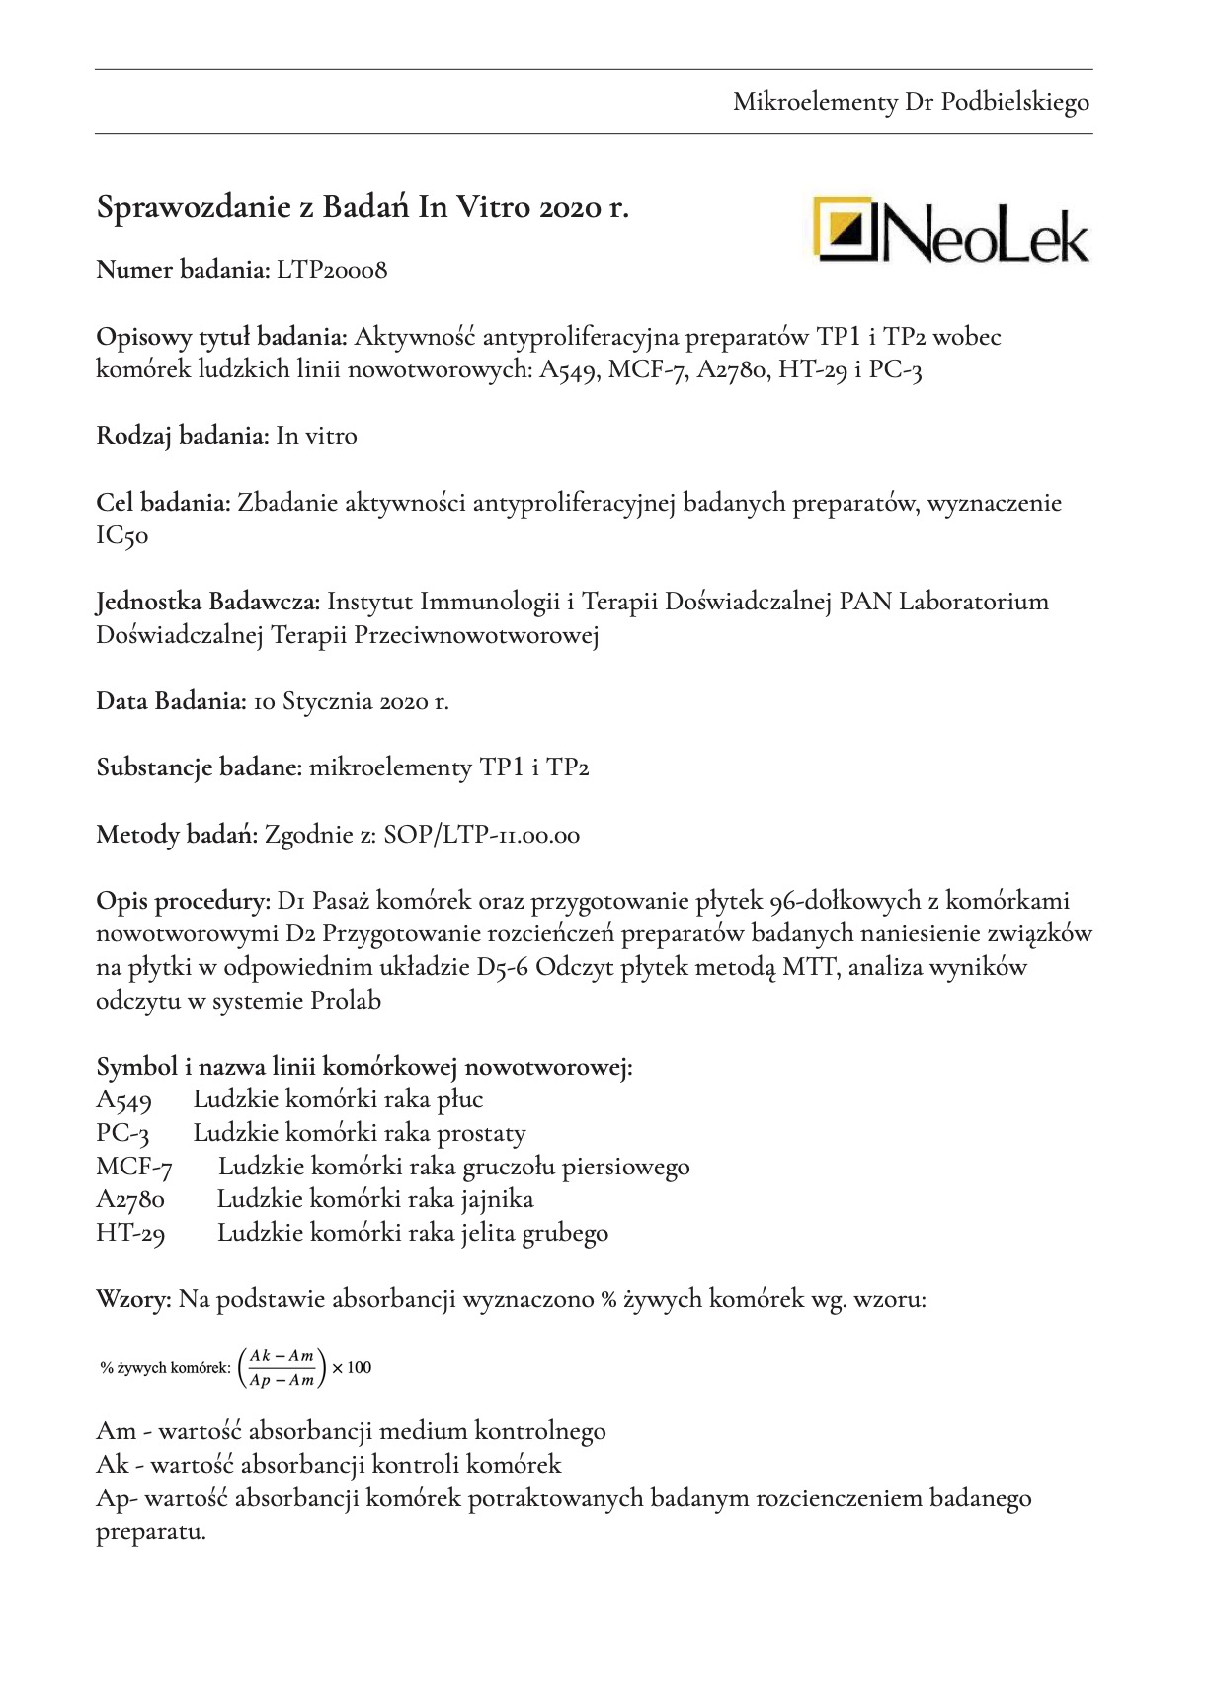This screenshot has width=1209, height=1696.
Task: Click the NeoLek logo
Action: pyautogui.click(x=950, y=229)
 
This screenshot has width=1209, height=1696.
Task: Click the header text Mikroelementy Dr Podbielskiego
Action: pyautogui.click(x=911, y=102)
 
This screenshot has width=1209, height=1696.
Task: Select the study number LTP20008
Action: pyautogui.click(x=332, y=270)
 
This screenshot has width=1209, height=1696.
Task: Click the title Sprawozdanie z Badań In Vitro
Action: pyautogui.click(x=363, y=208)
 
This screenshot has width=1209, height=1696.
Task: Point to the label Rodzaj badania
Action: pyautogui.click(x=182, y=436)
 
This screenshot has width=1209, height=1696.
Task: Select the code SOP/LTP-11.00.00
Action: pyautogui.click(x=482, y=836)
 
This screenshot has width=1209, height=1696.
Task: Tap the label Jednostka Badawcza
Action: pyautogui.click(x=207, y=602)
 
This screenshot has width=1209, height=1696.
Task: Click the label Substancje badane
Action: pyautogui.click(x=199, y=768)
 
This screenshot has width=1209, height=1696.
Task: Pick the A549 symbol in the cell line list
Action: pyautogui.click(x=123, y=1100)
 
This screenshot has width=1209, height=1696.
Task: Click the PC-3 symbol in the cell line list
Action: pyautogui.click(x=122, y=1134)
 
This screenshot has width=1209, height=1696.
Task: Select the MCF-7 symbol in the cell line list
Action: pyautogui.click(x=134, y=1168)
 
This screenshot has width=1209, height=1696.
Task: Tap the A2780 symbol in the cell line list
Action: pyautogui.click(x=130, y=1200)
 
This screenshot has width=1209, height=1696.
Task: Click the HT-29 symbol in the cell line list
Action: pyautogui.click(x=130, y=1234)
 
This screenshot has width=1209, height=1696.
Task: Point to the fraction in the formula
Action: pyautogui.click(x=282, y=1368)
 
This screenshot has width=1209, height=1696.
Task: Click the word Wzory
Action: pyautogui.click(x=133, y=1300)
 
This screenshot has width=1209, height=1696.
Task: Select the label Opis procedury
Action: pyautogui.click(x=183, y=902)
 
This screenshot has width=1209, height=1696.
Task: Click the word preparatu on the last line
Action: pyautogui.click(x=150, y=1533)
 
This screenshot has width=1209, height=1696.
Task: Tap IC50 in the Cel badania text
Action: pyautogui.click(x=121, y=537)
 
